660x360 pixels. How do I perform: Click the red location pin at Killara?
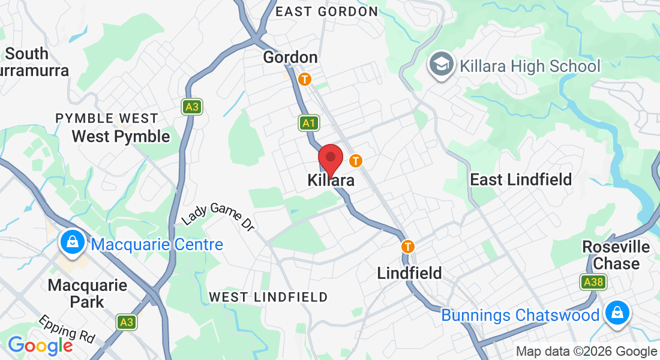330,160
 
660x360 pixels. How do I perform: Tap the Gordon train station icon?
305,79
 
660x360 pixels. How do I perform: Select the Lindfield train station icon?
408,246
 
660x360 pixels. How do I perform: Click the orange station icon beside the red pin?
356,161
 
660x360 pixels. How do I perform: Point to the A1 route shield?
309,124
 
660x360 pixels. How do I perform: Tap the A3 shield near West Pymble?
191,107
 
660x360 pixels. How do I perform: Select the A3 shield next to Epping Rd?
126,322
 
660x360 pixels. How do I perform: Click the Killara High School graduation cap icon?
442,65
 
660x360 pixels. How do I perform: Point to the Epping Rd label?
67,331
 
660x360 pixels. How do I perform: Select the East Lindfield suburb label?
521,179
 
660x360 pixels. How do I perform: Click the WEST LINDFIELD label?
268,297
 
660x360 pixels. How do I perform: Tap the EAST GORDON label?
326,11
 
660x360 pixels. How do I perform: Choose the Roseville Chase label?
616,256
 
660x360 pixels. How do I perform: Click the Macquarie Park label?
88,293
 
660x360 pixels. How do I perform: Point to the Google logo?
40,346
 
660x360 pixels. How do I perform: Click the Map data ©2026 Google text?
586,352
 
